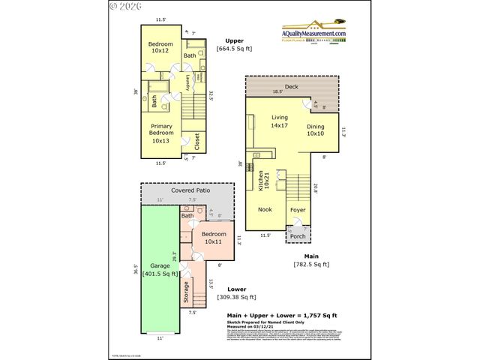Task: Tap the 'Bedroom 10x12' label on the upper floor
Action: [x=161, y=48]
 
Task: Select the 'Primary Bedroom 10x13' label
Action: [x=161, y=133]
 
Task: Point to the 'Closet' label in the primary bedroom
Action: [x=197, y=141]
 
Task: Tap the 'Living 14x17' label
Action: [x=280, y=121]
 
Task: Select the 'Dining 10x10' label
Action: [x=316, y=130]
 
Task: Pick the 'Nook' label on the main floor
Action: [x=265, y=209]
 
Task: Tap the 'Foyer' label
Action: [x=298, y=209]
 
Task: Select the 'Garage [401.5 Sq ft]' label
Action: [x=160, y=270]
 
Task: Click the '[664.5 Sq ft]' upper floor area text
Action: [x=234, y=49]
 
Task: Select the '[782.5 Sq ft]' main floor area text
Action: [x=311, y=264]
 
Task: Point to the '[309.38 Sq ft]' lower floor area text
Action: [x=236, y=297]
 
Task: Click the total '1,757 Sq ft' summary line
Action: [x=281, y=316]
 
